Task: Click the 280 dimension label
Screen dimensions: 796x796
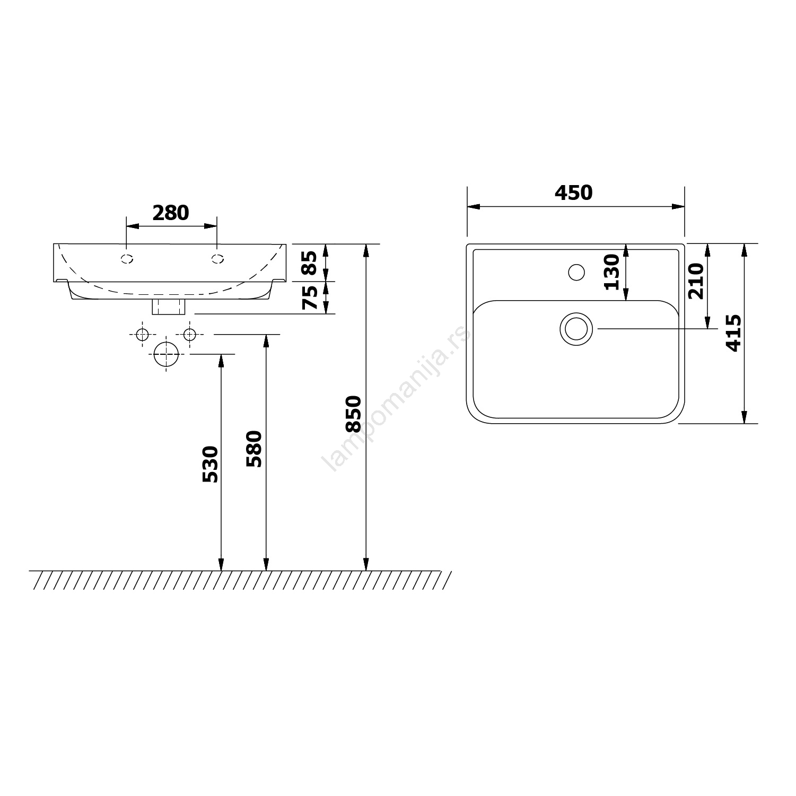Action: point(171,213)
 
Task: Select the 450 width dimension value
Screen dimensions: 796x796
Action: point(574,193)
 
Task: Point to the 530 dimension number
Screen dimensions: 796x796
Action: point(210,464)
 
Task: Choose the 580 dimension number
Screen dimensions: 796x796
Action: point(255,449)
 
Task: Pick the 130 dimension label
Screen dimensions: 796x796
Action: point(612,272)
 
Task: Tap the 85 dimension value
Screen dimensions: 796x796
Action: point(310,263)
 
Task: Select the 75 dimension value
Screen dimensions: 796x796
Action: point(310,298)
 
